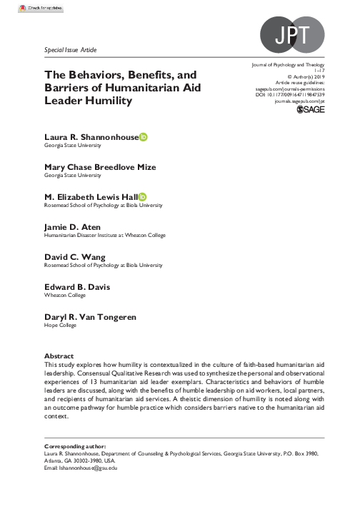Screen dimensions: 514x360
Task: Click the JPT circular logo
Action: point(291,34)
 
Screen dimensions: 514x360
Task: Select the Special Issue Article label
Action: point(70,50)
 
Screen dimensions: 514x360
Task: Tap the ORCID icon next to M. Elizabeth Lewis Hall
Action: point(143,197)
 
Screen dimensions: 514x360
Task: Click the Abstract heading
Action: point(59,355)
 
